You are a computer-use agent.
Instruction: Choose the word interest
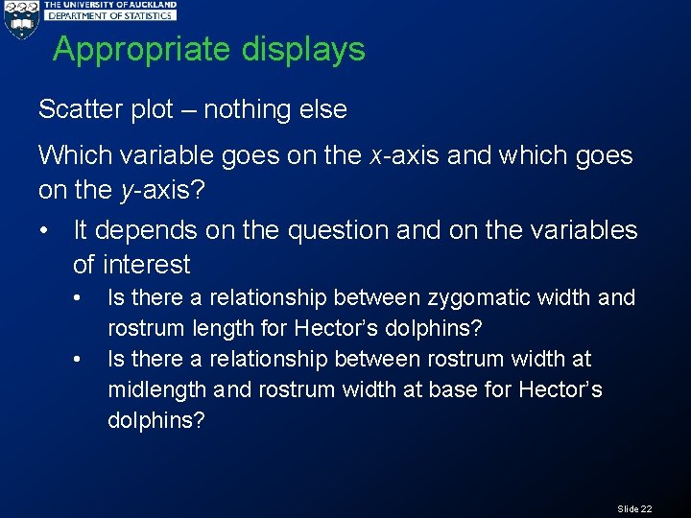147,264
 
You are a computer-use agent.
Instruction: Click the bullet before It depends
44,231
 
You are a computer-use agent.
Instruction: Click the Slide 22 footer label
634,508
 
